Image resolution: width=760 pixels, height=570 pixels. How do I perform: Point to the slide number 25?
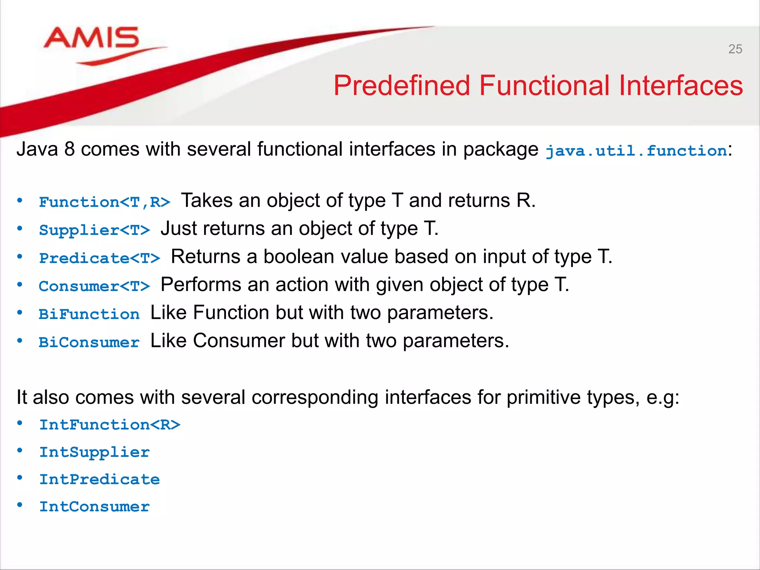(x=735, y=49)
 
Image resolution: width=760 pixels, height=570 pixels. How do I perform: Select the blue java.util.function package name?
(x=636, y=151)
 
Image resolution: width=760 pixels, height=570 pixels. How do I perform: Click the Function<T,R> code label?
(x=105, y=202)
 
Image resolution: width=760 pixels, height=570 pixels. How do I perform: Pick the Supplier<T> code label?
(x=95, y=230)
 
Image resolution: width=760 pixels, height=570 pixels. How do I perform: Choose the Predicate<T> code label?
(x=99, y=258)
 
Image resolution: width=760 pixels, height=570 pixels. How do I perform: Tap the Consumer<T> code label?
(x=95, y=286)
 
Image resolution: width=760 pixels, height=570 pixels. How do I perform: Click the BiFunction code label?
(x=89, y=314)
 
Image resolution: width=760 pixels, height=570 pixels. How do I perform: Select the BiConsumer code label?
(x=89, y=342)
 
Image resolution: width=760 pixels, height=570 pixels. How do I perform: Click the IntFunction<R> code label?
(x=110, y=425)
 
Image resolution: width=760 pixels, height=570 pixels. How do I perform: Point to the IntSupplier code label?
(x=95, y=452)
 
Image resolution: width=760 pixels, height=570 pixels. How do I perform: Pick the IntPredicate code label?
(x=99, y=479)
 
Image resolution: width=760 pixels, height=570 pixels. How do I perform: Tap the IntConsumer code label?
(x=95, y=507)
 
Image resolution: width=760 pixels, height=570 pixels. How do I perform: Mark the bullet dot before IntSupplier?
(x=20, y=451)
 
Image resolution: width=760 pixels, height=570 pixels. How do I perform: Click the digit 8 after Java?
(x=69, y=149)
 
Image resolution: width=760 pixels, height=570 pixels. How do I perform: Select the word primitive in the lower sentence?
(x=544, y=397)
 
